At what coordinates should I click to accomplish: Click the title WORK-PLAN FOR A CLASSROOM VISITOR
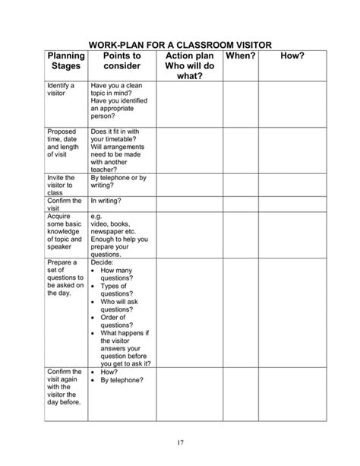click(x=180, y=45)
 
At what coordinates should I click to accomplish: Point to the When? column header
click(x=240, y=56)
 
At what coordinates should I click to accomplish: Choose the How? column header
click(x=292, y=56)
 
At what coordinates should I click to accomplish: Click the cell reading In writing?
click(x=106, y=201)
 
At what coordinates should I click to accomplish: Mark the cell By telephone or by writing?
click(x=118, y=182)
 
